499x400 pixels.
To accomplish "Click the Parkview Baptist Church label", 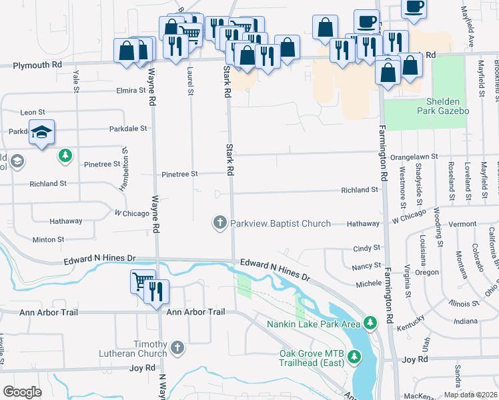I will click(280, 223).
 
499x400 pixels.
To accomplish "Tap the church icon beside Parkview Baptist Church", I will click(220, 222).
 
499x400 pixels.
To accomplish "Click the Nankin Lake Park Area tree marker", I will click(370, 323).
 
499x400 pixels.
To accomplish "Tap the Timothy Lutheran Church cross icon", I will click(177, 347).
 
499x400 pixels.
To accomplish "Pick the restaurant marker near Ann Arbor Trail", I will click(157, 293).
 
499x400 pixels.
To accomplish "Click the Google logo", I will click(22, 392).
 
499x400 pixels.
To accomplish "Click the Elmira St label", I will click(130, 89).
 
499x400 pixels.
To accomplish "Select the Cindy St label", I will click(366, 248).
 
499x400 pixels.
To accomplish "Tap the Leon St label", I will click(33, 113).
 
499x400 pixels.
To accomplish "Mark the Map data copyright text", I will click(470, 395).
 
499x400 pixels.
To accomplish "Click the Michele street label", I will click(368, 284).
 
